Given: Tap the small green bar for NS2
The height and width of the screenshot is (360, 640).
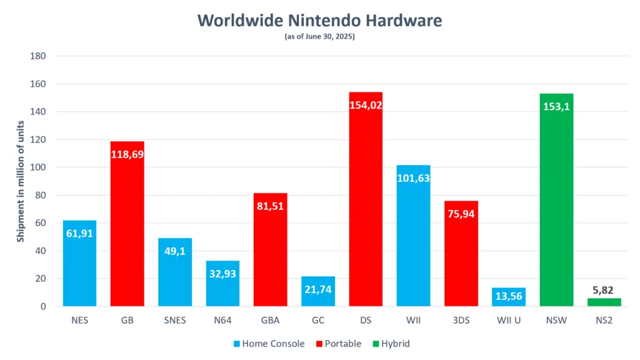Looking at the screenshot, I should click(x=604, y=302).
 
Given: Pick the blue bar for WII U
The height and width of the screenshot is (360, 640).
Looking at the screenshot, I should click(x=509, y=297).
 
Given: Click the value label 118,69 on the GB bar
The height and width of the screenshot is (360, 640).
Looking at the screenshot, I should click(x=127, y=154).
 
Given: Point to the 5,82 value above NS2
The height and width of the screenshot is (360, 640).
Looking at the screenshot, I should click(x=604, y=289).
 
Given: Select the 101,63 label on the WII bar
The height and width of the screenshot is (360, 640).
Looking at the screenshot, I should click(x=413, y=177).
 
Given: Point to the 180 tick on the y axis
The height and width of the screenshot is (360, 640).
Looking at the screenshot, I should click(x=38, y=56).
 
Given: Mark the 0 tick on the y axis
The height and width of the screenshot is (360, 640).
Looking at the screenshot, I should click(x=43, y=307).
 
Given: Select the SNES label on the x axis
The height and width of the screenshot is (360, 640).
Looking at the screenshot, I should click(x=174, y=321).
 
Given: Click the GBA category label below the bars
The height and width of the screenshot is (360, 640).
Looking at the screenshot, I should click(x=270, y=321).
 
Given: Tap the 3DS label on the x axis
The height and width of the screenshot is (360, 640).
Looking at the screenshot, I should click(x=461, y=321).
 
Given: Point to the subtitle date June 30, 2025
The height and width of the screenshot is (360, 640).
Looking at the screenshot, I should click(x=329, y=37).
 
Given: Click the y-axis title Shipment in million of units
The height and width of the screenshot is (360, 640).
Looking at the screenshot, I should click(x=21, y=181).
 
